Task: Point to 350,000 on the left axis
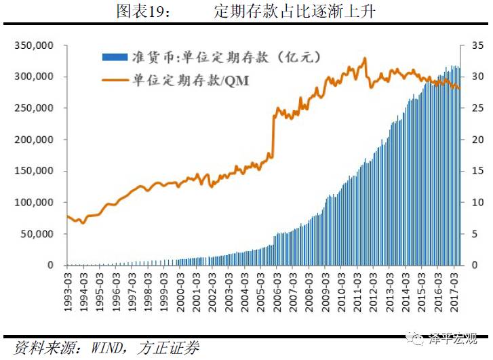(34, 45)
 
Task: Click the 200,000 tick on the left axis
(34, 140)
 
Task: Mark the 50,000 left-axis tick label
(37, 234)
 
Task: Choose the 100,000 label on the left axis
(34, 203)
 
